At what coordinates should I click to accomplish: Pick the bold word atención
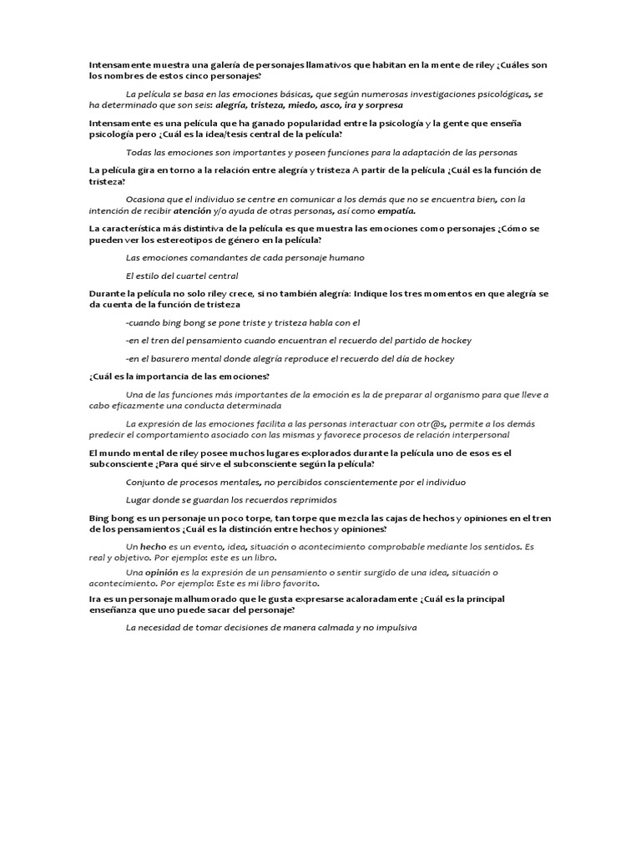click(191, 210)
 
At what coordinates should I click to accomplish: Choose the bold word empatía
click(396, 210)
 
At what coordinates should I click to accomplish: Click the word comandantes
click(199, 257)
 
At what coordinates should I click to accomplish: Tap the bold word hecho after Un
click(153, 546)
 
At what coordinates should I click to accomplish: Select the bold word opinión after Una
click(163, 572)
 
